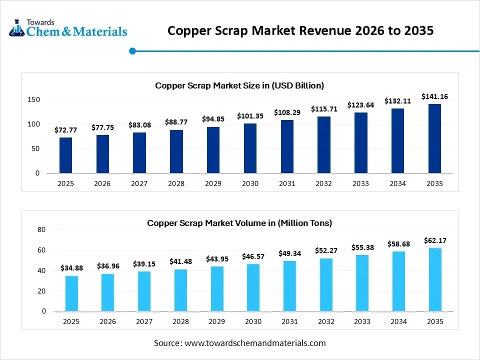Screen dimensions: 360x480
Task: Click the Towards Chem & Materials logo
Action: (68, 28)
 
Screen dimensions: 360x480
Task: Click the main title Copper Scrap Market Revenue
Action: (300, 30)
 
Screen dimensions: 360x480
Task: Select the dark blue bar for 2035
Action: (434, 138)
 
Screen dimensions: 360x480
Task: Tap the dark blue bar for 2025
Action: (65, 155)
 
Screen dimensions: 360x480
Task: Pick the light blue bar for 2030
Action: (253, 287)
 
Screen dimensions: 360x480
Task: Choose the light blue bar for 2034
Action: (398, 281)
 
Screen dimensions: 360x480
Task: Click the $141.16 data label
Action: (434, 96)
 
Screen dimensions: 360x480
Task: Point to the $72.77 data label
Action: (65, 130)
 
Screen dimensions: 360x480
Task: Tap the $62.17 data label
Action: (434, 240)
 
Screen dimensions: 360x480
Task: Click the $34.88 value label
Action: (71, 268)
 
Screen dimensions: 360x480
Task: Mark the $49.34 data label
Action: (289, 253)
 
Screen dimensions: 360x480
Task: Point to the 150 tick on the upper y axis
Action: (33, 100)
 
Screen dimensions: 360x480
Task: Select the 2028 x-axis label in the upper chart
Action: (176, 183)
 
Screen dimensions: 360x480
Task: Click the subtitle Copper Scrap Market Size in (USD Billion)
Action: (239, 85)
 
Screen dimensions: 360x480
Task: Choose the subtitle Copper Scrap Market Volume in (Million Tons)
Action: (239, 223)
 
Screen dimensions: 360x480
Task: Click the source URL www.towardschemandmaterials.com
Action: (255, 343)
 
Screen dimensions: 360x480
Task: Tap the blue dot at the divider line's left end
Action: (132, 50)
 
